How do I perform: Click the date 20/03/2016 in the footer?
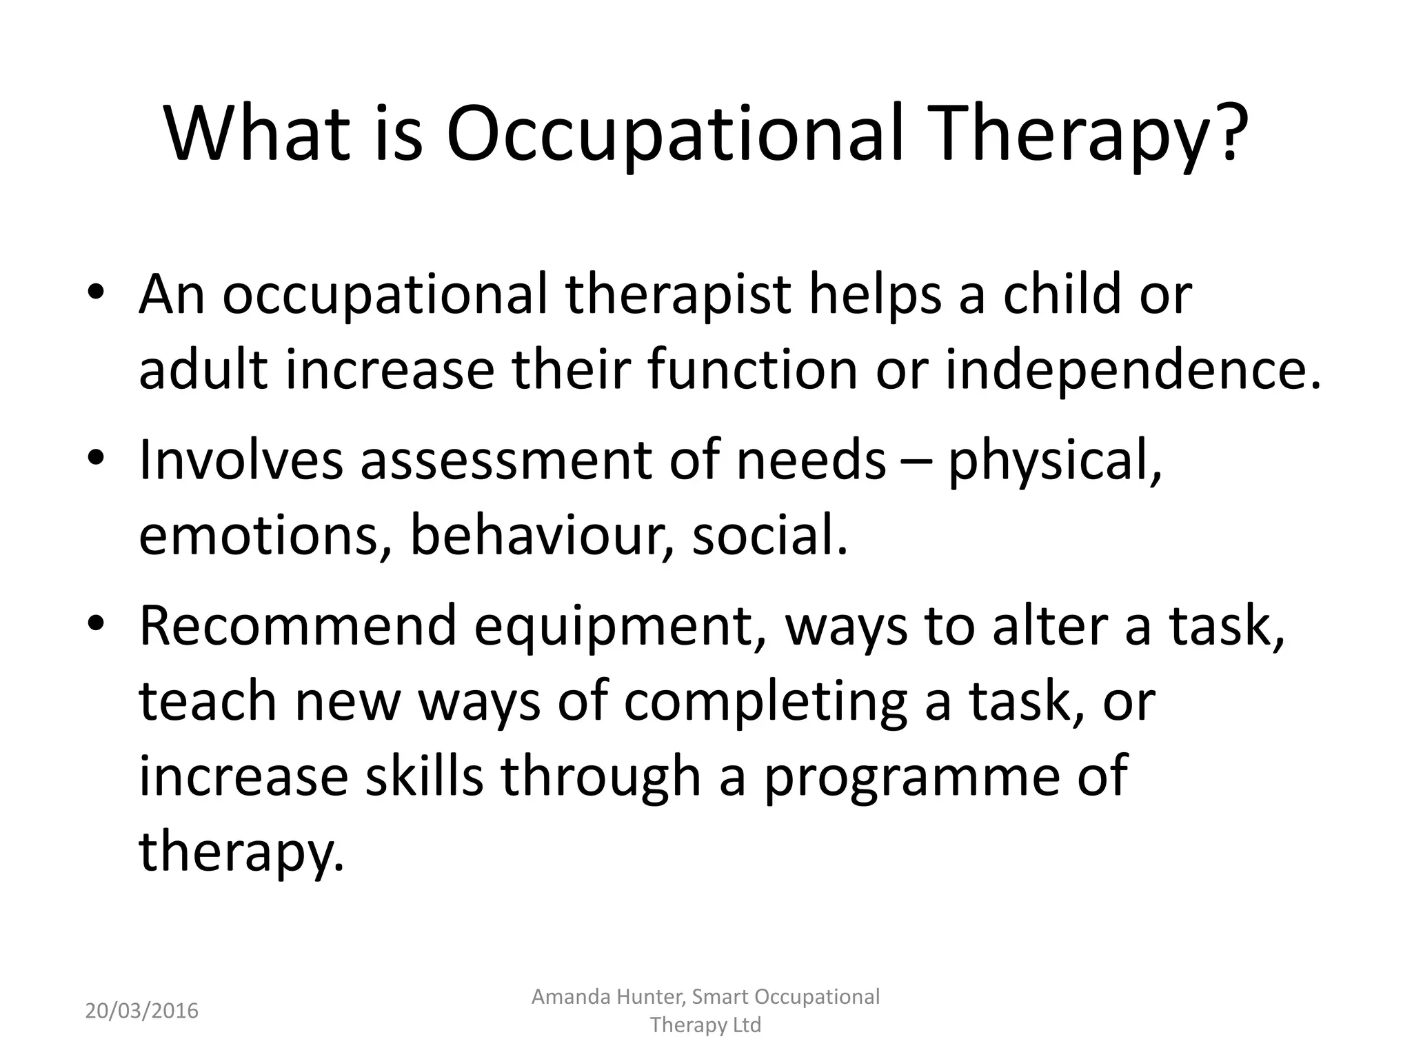(141, 1011)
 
